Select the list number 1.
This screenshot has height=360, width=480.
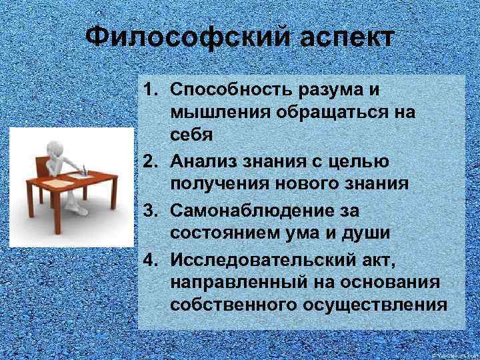click(x=151, y=89)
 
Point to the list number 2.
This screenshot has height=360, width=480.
click(x=151, y=159)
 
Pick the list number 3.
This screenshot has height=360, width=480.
click(x=151, y=211)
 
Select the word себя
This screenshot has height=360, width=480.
click(x=191, y=135)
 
